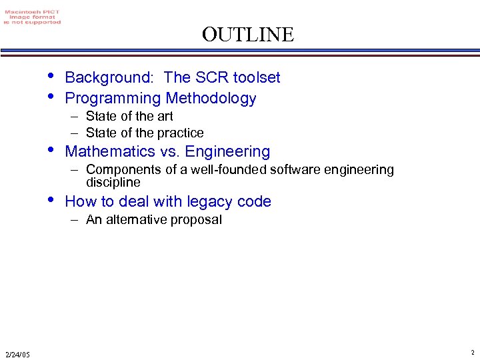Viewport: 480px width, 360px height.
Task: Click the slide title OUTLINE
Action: [x=248, y=34]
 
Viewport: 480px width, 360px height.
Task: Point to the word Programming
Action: [x=113, y=99]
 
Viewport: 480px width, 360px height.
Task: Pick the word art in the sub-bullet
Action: [x=165, y=117]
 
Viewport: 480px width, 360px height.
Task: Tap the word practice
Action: [x=181, y=133]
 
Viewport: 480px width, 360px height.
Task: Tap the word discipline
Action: [x=113, y=182]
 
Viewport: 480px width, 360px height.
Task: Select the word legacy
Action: [x=197, y=201]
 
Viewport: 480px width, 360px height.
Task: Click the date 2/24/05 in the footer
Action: [x=17, y=354]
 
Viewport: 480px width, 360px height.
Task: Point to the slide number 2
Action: [x=472, y=353]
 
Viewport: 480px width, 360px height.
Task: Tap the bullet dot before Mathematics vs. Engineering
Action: [x=52, y=149]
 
